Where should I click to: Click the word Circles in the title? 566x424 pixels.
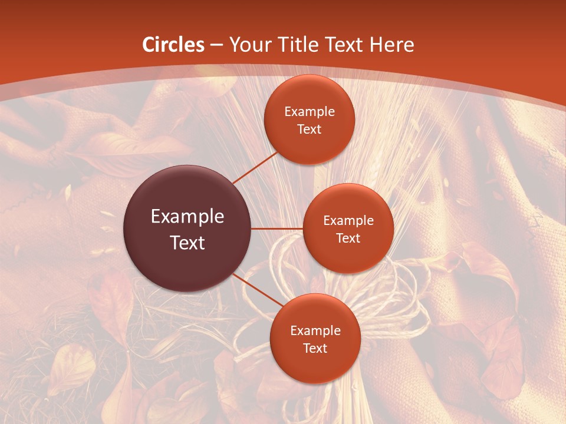173,45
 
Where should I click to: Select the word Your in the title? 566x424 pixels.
250,45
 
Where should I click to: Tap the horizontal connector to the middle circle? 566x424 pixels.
277,228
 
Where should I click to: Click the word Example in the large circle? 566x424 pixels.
187,217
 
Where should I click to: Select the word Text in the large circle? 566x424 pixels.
187,243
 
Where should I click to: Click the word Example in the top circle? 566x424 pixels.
310,112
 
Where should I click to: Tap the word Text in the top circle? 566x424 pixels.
310,129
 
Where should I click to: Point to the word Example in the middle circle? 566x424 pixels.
348,221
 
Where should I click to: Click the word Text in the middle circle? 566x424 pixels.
348,238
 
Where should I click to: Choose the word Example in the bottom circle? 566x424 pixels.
315,331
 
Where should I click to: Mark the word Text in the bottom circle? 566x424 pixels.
315,348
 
